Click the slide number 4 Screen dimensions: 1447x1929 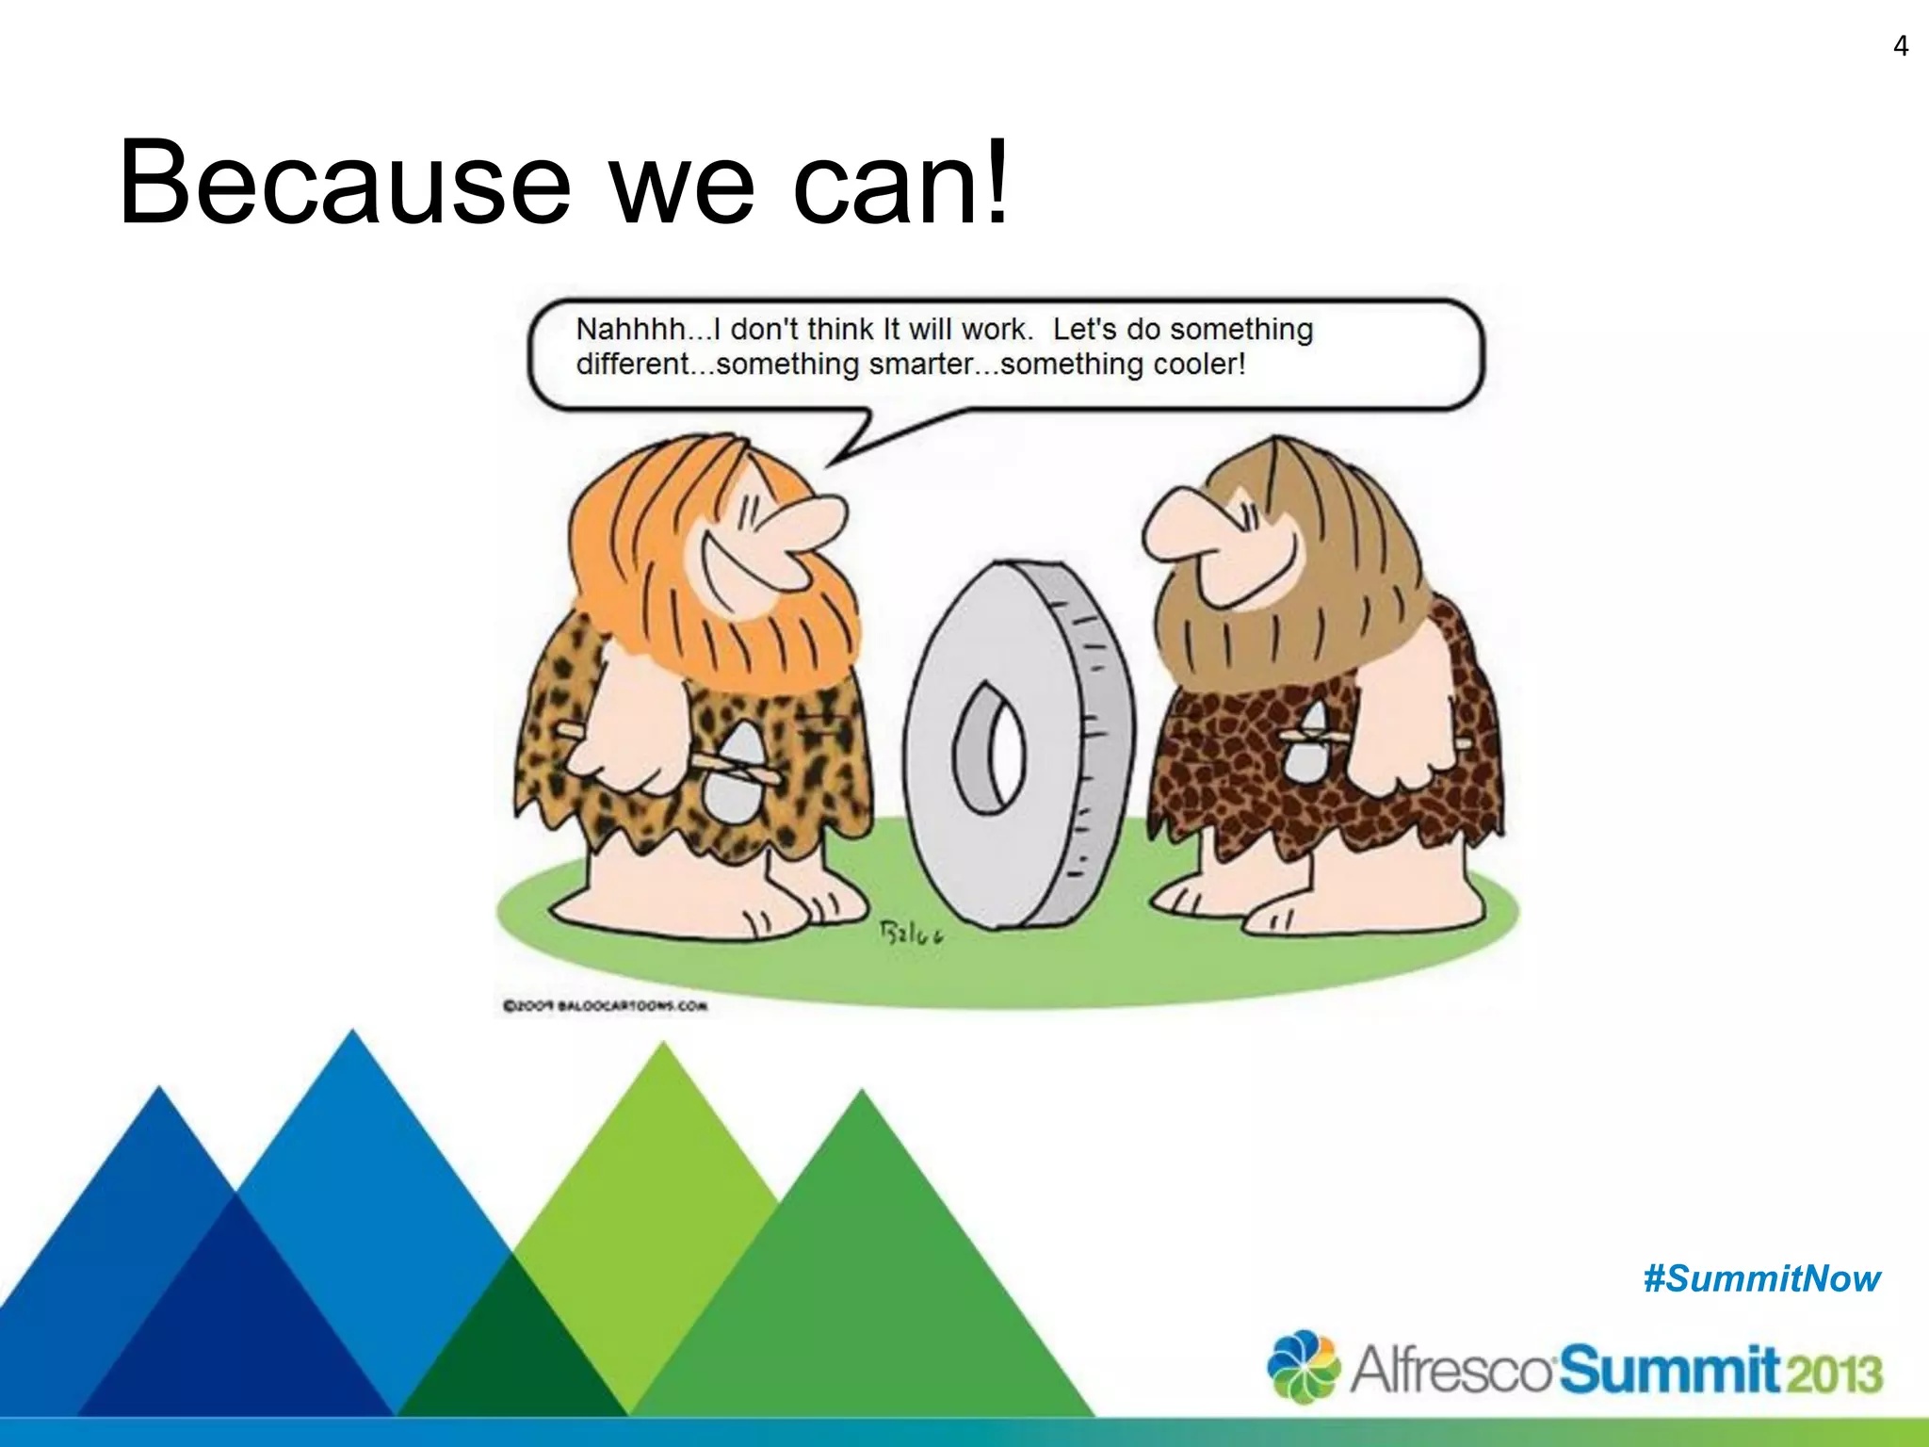click(x=1900, y=46)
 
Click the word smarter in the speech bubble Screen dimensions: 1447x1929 click(x=928, y=364)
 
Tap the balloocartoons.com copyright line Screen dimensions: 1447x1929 click(x=605, y=1006)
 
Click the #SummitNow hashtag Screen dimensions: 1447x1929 click(x=1761, y=1279)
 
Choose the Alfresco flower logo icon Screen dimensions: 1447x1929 click(x=1303, y=1366)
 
